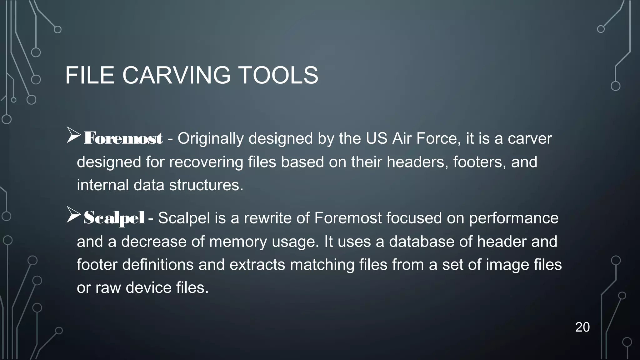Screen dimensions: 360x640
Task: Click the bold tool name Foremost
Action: point(123,138)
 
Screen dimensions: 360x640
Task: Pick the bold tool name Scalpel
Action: point(114,218)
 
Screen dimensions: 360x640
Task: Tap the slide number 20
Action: point(582,327)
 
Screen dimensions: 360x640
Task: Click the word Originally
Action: point(211,138)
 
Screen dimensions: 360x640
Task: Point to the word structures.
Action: point(206,185)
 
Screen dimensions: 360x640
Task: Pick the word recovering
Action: point(206,162)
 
